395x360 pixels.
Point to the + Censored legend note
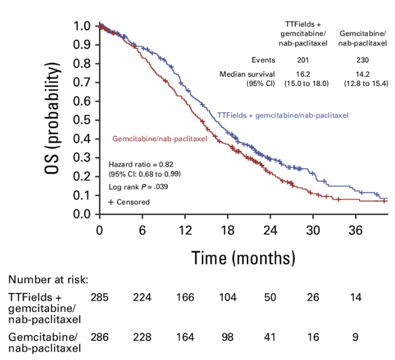[129, 202]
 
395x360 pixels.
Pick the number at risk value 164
[185, 337]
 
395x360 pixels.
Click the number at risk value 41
[270, 337]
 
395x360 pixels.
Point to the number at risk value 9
[356, 337]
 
